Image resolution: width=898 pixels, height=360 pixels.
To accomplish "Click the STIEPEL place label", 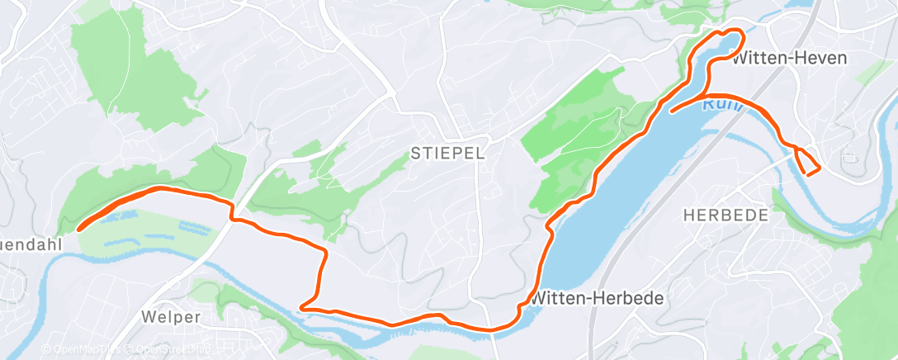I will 447,153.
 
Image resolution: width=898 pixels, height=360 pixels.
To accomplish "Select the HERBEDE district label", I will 726,215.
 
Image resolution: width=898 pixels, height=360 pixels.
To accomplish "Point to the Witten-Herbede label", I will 598,297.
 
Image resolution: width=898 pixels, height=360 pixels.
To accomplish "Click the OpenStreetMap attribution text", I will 165,349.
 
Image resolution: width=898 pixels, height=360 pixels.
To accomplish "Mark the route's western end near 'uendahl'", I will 79,228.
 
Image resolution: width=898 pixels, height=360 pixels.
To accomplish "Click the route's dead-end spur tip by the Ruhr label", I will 673,110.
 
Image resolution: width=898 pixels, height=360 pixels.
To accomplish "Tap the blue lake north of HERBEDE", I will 627,198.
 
